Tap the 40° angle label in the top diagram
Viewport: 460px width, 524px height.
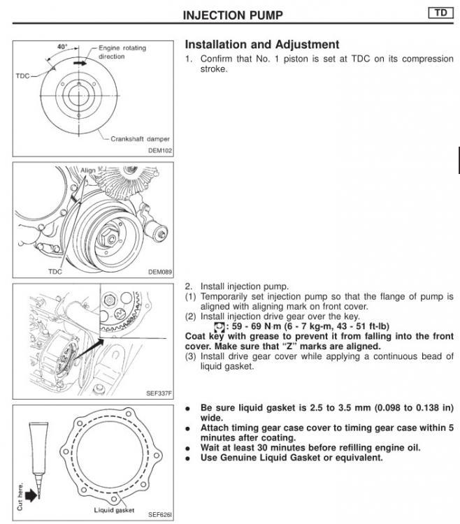tap(63, 47)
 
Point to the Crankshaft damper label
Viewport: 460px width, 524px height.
tap(140, 139)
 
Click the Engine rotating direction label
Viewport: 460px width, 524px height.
tap(127, 52)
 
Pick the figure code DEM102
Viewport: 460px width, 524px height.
tap(161, 150)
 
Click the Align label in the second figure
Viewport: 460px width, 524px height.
tap(88, 170)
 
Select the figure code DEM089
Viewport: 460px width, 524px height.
tap(161, 272)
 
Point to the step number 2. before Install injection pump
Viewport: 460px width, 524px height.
tap(189, 286)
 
